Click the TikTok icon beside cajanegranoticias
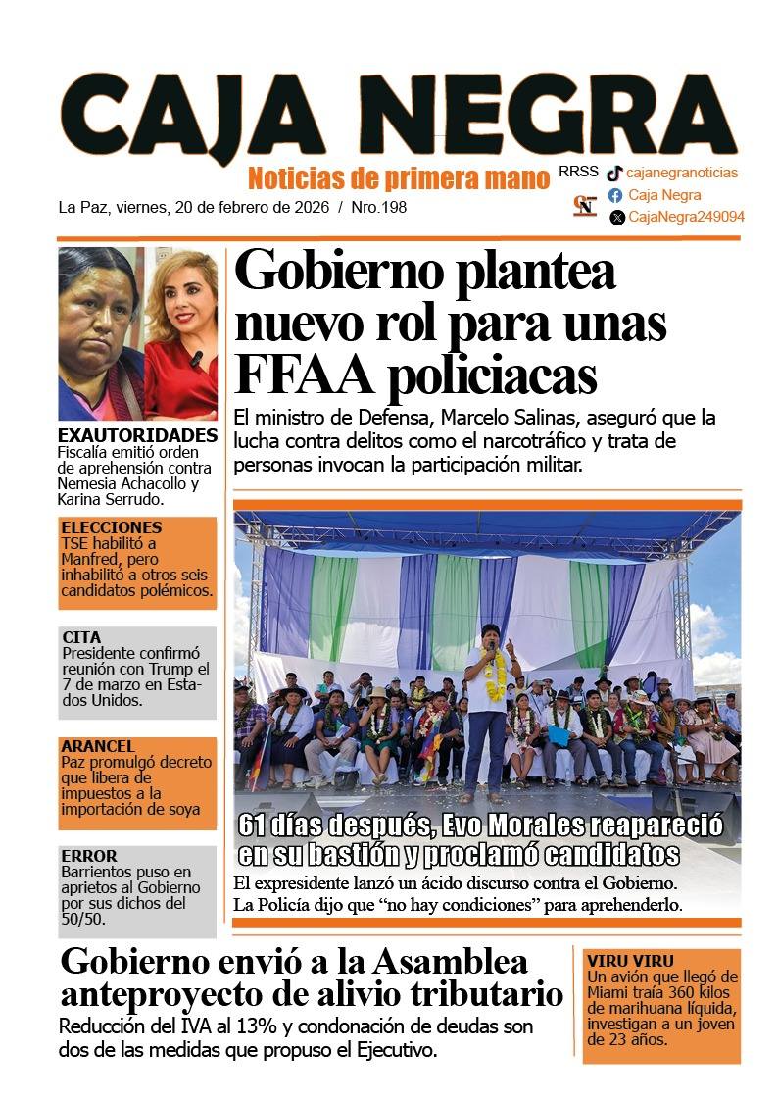click(x=614, y=174)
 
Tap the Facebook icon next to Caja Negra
click(x=615, y=195)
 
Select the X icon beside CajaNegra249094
click(x=616, y=218)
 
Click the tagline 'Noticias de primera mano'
click(x=398, y=178)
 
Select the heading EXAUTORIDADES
click(x=137, y=435)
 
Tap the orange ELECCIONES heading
click(x=111, y=527)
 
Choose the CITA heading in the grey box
click(x=81, y=636)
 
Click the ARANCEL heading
click(x=98, y=746)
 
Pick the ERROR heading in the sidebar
click(x=88, y=855)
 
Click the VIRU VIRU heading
click(x=630, y=961)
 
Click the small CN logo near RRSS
click(x=585, y=206)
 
